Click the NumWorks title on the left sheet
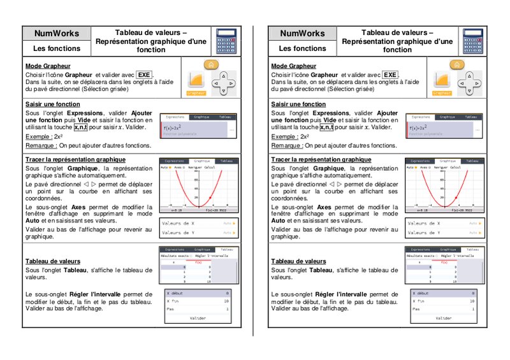click(x=57, y=33)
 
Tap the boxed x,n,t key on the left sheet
click(x=81, y=127)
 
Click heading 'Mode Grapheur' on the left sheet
click(x=48, y=66)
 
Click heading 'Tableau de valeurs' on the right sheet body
click(x=298, y=261)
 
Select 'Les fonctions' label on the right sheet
click(x=303, y=48)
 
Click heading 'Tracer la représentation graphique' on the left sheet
click(x=75, y=159)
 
